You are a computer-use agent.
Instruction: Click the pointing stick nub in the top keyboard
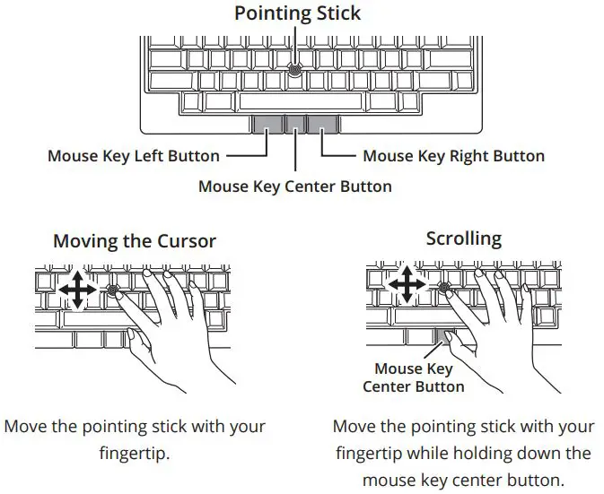click(296, 68)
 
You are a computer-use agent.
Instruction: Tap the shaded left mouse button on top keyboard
click(267, 124)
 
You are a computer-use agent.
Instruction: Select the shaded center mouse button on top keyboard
click(295, 124)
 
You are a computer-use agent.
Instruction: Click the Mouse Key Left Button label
click(133, 156)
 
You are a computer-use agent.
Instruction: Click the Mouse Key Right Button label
click(453, 156)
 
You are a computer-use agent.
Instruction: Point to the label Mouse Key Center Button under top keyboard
click(294, 186)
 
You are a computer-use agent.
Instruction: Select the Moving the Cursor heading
click(135, 241)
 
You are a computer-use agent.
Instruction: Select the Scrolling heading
click(463, 238)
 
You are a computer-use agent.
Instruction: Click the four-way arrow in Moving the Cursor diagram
click(78, 290)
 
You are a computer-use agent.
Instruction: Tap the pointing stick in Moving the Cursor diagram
click(113, 290)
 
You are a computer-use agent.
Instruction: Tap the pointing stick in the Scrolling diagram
click(444, 287)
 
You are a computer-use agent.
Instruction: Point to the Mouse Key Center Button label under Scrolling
click(414, 377)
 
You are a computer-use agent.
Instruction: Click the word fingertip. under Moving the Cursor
click(135, 453)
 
